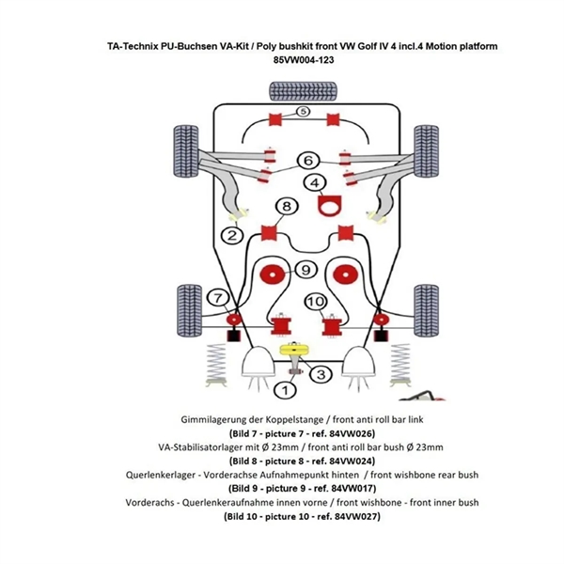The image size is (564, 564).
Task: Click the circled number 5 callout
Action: [302, 112]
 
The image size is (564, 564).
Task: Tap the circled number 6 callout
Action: [307, 160]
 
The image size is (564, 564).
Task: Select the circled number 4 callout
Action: [315, 182]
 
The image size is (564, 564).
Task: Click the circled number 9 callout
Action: [304, 270]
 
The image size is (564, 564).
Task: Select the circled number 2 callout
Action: [229, 234]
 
